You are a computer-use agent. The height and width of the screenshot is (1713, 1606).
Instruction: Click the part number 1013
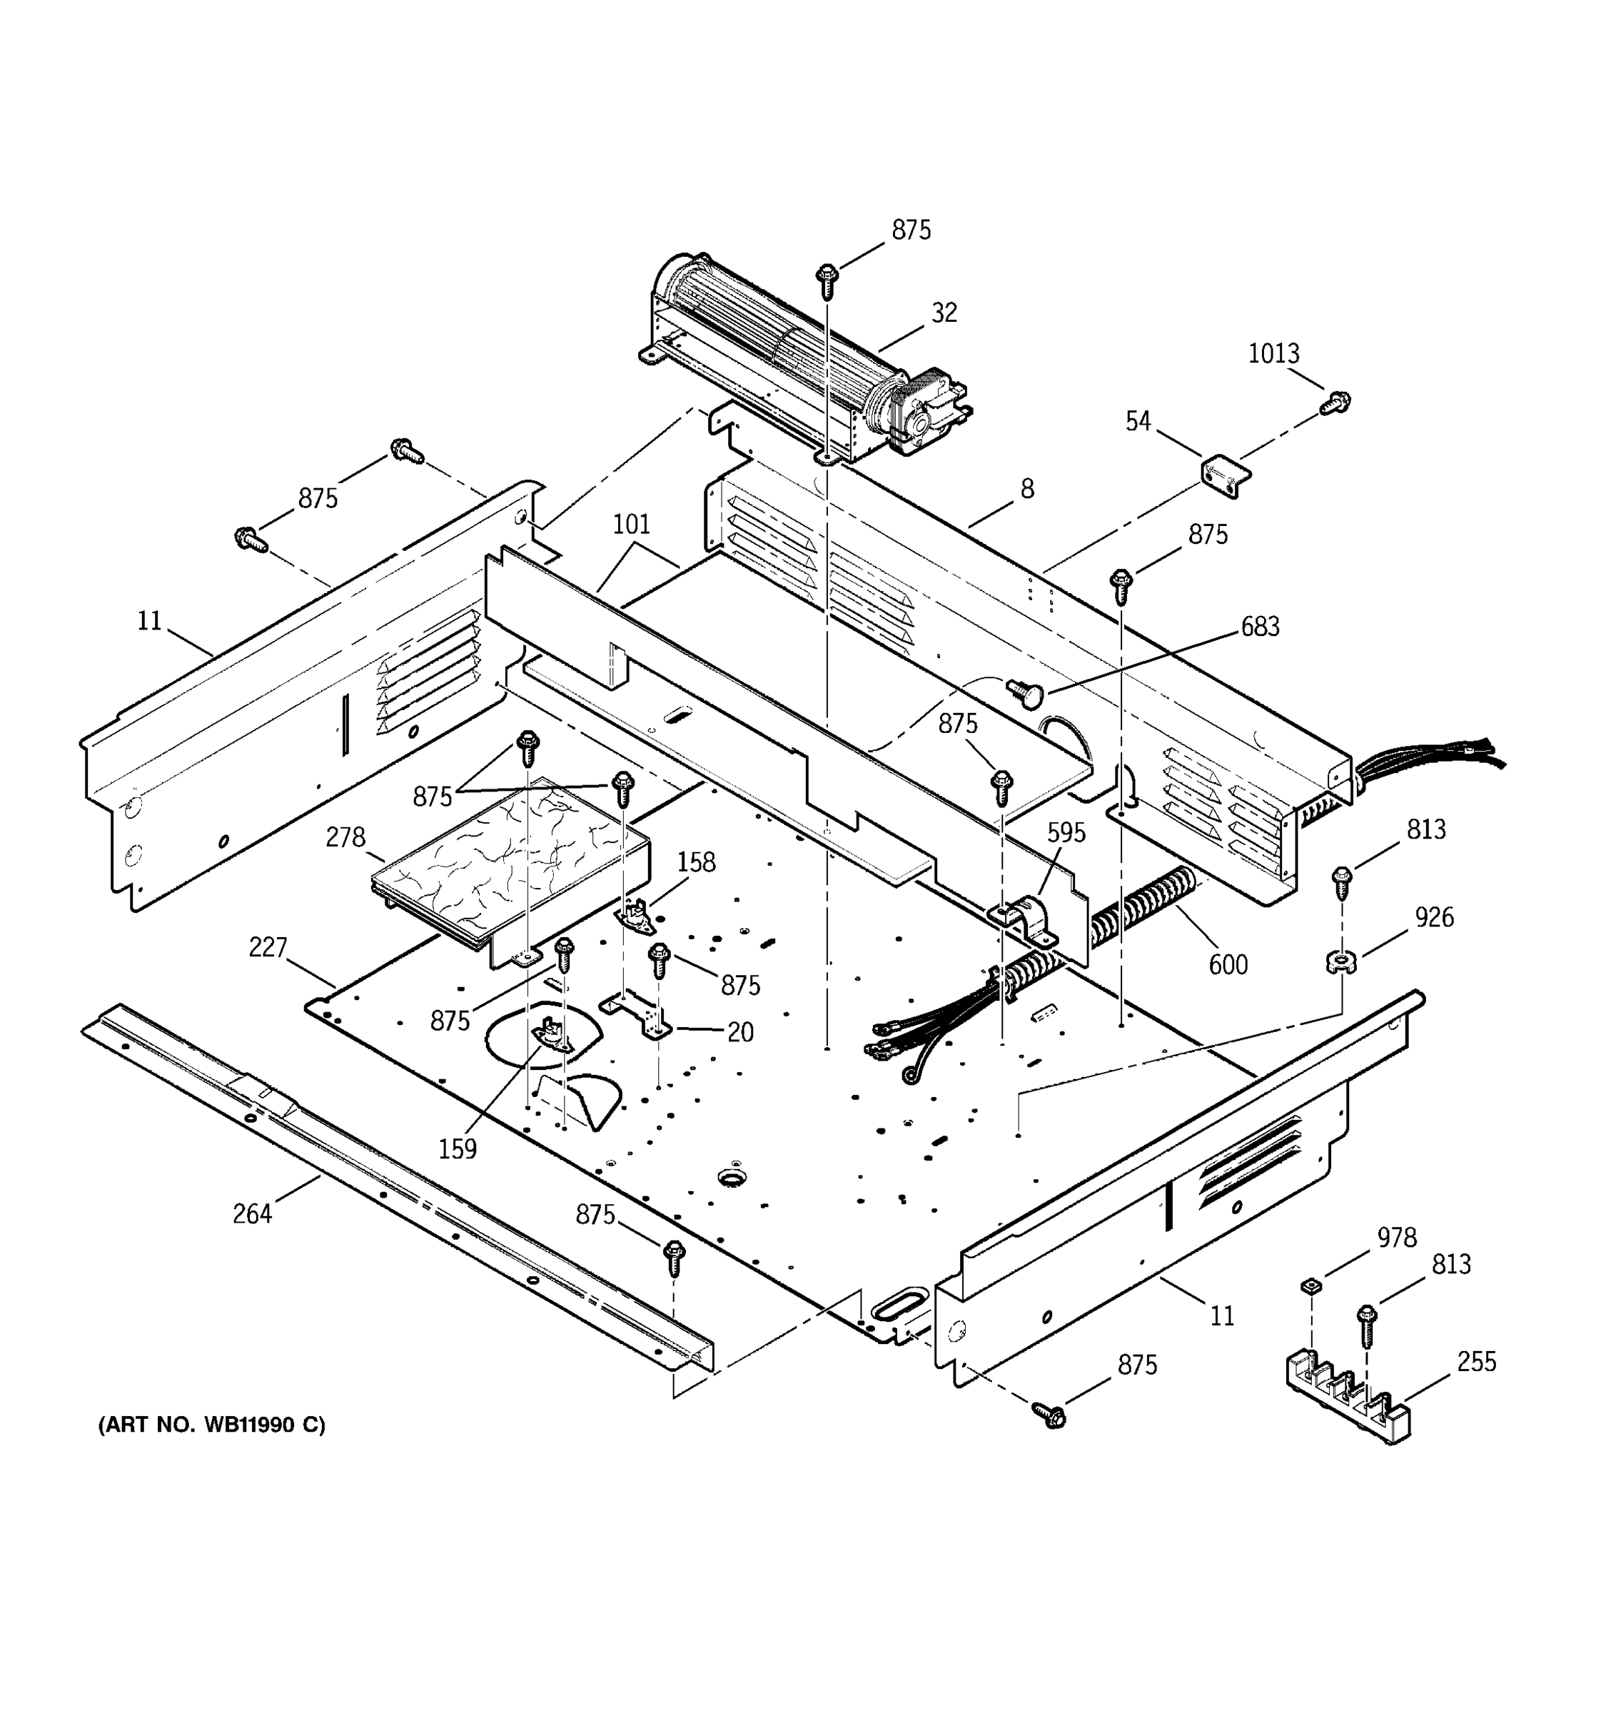coord(1273,353)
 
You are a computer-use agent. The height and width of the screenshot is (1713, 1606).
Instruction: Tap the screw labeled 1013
coord(1335,402)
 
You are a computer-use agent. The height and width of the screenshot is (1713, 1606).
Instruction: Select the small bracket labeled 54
coord(1225,475)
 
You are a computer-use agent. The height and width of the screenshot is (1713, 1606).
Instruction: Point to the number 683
coord(1260,627)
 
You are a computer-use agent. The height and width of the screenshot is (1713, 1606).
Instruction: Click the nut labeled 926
coord(1340,960)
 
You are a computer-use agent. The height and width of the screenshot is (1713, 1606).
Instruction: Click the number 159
coord(458,1148)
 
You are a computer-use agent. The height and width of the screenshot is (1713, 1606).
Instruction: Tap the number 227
coord(268,947)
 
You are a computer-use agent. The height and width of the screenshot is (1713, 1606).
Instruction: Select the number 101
coord(632,524)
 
